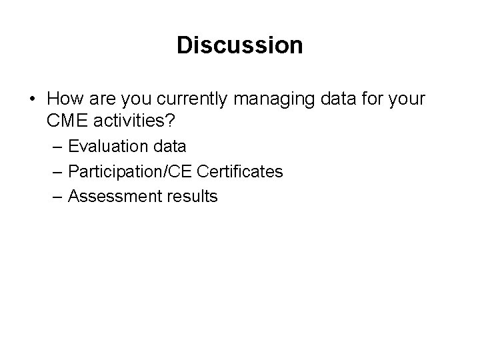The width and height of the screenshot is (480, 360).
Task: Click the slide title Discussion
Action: point(240,45)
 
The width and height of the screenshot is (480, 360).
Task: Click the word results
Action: point(190,197)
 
